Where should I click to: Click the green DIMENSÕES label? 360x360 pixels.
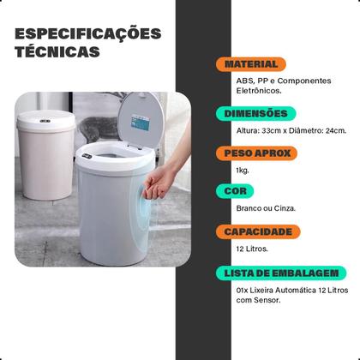click(x=255, y=112)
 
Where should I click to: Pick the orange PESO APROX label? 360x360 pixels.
click(x=255, y=153)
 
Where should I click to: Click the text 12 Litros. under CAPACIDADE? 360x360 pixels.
click(x=252, y=249)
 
